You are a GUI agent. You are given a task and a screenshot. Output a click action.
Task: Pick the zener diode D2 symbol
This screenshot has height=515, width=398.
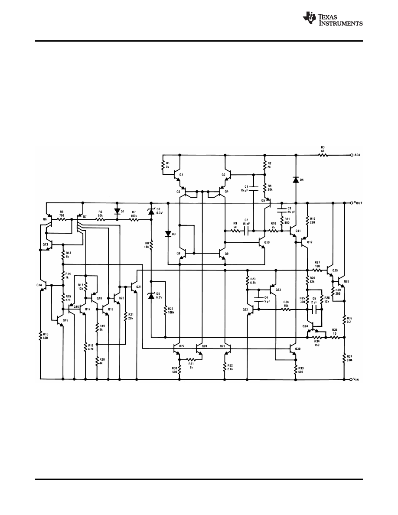coord(151,211)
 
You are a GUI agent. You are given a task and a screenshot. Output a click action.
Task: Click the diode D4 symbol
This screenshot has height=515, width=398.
coord(296,179)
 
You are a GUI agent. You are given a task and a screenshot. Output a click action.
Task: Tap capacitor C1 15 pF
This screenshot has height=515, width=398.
coord(254,188)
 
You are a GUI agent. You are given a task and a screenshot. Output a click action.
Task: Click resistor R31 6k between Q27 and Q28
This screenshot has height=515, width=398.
coord(190,359)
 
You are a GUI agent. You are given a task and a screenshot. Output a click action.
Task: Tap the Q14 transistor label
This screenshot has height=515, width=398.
coord(39,285)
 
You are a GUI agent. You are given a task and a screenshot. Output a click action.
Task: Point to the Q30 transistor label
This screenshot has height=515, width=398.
coord(297,349)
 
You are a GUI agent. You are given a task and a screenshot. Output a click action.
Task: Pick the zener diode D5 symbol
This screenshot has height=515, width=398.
coord(151,295)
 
